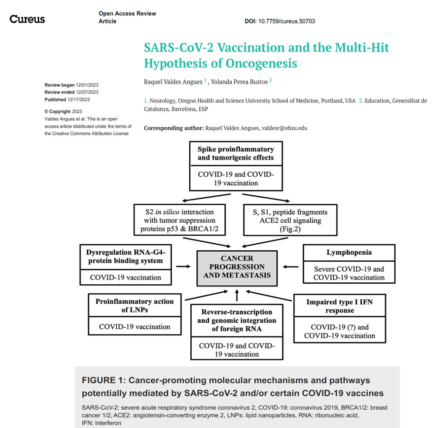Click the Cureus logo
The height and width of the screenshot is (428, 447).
tap(27, 19)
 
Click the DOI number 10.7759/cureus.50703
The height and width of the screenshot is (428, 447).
tap(287, 21)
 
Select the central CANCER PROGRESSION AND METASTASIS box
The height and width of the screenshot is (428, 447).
tap(237, 267)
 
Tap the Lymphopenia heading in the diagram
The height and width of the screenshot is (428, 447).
tap(349, 252)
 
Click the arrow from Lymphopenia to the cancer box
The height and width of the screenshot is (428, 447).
tap(290, 267)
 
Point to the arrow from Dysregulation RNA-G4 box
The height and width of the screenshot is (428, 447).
tap(184, 267)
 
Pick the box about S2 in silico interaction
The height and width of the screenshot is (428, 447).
tap(179, 220)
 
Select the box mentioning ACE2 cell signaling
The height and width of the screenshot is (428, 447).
tap(290, 220)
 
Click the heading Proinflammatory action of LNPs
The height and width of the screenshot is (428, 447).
tap(135, 306)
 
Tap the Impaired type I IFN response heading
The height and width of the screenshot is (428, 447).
tap(339, 306)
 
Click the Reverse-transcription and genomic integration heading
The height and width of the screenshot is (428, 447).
tap(237, 320)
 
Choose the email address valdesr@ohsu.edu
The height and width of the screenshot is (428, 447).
tap(284, 128)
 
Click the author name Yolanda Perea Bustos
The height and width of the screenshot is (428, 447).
tap(239, 82)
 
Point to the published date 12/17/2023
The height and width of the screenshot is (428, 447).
tap(79, 100)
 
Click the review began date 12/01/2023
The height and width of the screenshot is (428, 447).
tap(87, 85)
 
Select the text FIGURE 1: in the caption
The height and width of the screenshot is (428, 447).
tap(103, 380)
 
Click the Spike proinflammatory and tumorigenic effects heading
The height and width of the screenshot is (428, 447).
tap(236, 153)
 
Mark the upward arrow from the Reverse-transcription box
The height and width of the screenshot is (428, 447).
tap(237, 295)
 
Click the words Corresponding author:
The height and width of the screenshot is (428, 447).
tap(174, 128)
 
